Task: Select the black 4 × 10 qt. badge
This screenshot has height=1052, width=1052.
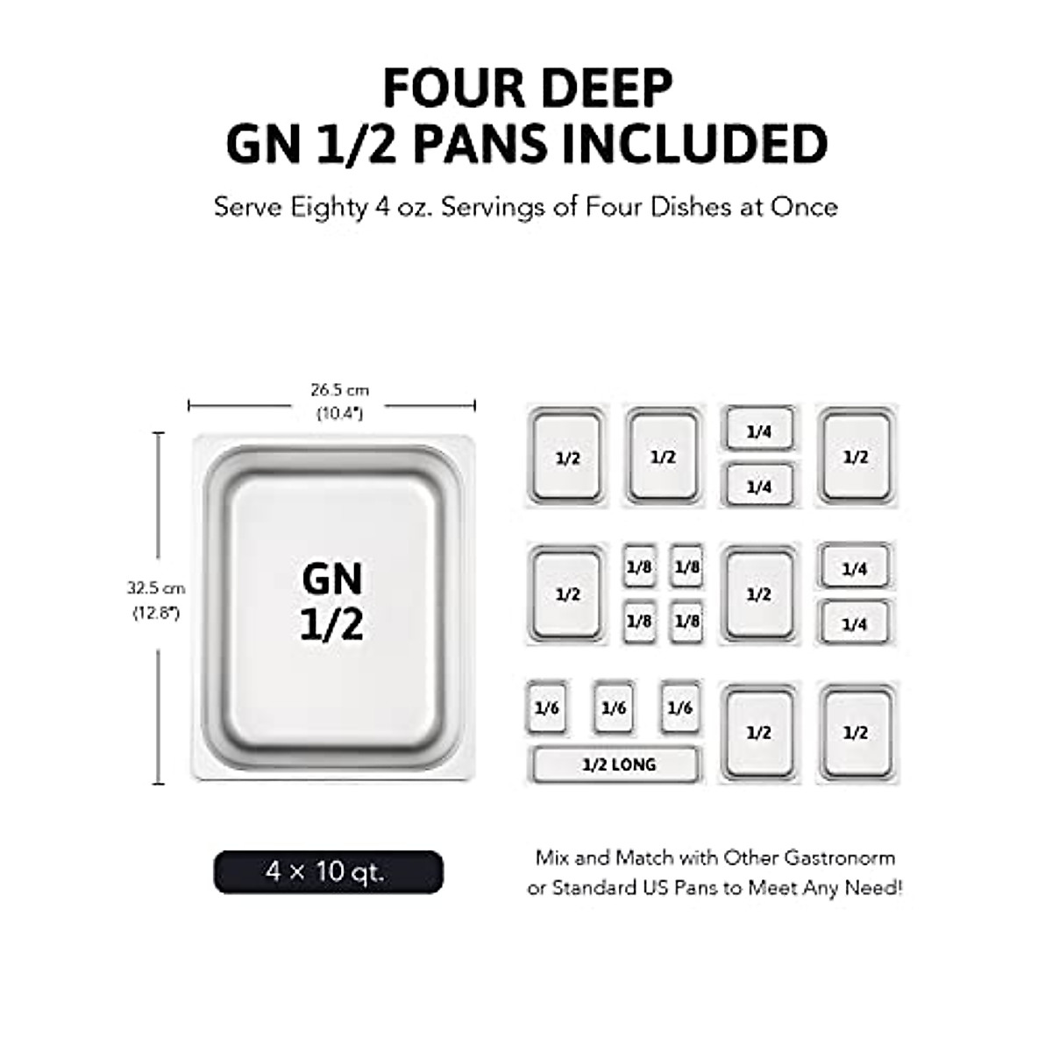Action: click(328, 872)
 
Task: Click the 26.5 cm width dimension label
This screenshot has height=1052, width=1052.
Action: click(339, 390)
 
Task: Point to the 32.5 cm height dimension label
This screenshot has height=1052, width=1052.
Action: click(155, 588)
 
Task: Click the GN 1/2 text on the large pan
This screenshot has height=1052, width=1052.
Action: click(332, 601)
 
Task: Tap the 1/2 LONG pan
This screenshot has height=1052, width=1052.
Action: click(617, 764)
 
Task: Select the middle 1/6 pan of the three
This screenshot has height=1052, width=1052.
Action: click(614, 707)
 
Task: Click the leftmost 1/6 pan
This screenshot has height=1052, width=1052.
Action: click(546, 707)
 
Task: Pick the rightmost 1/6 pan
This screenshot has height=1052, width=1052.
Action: click(680, 707)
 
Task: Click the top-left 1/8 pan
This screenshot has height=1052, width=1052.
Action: click(639, 567)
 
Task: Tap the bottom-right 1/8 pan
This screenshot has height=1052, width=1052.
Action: click(687, 621)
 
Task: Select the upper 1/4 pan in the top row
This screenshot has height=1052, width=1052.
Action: click(759, 430)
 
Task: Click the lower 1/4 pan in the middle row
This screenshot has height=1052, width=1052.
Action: click(855, 623)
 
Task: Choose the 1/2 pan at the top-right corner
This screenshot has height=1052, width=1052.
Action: click(856, 456)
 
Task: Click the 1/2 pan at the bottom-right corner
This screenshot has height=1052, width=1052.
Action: click(856, 732)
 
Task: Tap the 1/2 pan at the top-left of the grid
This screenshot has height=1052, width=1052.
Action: click(567, 456)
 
